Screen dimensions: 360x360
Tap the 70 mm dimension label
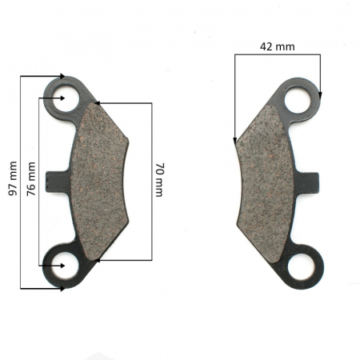coord(160,180)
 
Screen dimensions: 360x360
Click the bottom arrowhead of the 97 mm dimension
coord(62,288)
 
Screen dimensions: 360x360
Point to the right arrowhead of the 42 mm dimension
coord(320,94)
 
